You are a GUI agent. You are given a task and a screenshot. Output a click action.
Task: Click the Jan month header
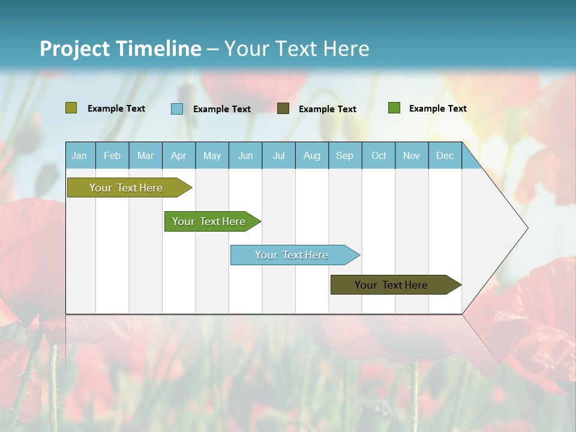pyautogui.click(x=80, y=155)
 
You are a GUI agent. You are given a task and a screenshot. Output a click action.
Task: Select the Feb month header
pyautogui.click(x=112, y=155)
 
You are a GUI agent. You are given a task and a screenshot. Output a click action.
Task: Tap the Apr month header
pyautogui.click(x=179, y=155)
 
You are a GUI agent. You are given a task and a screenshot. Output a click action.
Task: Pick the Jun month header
pyautogui.click(x=245, y=155)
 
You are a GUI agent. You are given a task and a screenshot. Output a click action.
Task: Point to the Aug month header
pyautogui.click(x=312, y=155)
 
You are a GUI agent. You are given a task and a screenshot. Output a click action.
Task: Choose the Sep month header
pyautogui.click(x=345, y=155)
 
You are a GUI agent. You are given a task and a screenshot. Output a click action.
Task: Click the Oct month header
pyautogui.click(x=379, y=155)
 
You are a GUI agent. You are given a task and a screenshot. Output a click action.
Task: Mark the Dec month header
pyautogui.click(x=445, y=155)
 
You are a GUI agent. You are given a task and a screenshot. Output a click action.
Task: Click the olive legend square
pyautogui.click(x=71, y=108)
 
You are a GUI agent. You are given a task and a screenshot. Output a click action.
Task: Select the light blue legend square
pyautogui.click(x=177, y=109)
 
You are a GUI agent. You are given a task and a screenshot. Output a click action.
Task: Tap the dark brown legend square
pyautogui.click(x=283, y=109)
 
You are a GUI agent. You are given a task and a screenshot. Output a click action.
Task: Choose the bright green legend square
pyautogui.click(x=394, y=108)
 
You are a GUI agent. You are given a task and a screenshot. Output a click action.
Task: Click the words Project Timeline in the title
pyautogui.click(x=121, y=49)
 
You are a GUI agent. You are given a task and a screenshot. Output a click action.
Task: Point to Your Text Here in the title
pyautogui.click(x=297, y=49)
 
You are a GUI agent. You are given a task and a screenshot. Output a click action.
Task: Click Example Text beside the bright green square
pyautogui.click(x=437, y=109)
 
